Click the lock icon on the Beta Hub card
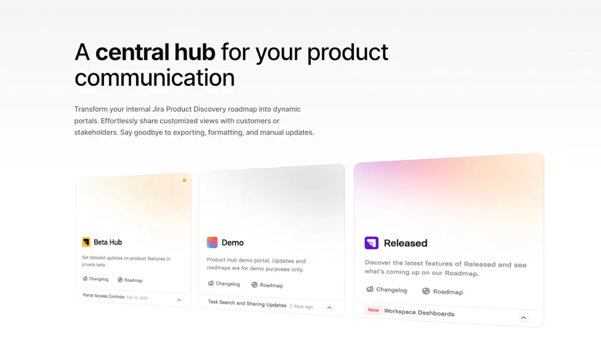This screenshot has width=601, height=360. tap(184, 180)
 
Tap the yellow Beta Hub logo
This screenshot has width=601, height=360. tap(86, 242)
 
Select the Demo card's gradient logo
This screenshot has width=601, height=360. tap(212, 243)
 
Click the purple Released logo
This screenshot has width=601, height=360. tap(372, 243)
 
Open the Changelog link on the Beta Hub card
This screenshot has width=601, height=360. tap(96, 279)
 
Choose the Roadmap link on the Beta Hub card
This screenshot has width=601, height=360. tap(130, 280)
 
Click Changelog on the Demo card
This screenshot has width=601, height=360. tap(224, 284)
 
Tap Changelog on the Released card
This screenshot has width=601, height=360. tap(387, 290)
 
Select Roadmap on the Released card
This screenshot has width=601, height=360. tap(443, 291)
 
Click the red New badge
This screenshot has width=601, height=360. tap(373, 310)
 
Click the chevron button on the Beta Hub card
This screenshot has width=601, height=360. tap(179, 300)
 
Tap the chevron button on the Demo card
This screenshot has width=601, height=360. tap(329, 308)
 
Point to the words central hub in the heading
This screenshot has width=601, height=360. tap(155, 52)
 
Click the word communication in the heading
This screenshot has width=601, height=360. tap(155, 78)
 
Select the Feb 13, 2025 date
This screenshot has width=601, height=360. tap(137, 298)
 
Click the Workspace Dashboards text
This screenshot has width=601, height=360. tap(419, 312)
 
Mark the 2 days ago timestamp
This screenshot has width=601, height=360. tap(301, 307)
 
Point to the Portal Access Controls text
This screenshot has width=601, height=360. tap(104, 296)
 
